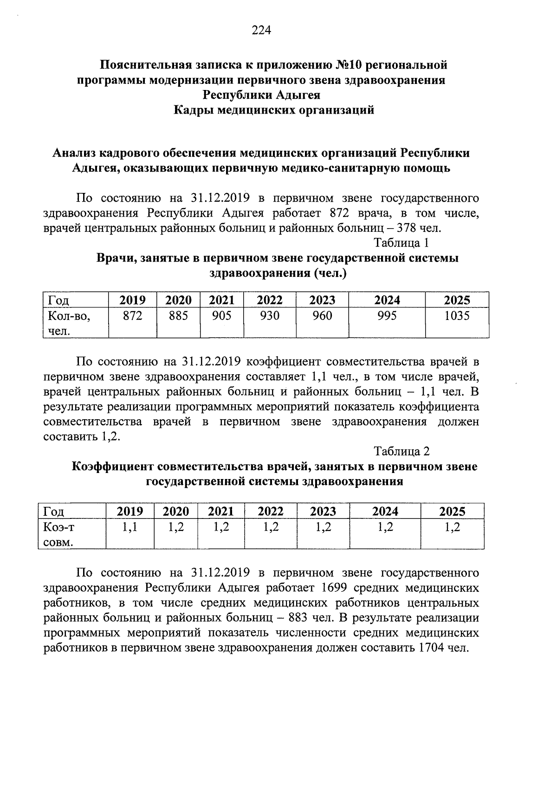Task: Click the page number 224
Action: pyautogui.click(x=261, y=31)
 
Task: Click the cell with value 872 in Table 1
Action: pyautogui.click(x=132, y=316)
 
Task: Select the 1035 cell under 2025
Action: pyautogui.click(x=457, y=316)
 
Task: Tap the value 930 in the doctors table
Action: pyautogui.click(x=270, y=316)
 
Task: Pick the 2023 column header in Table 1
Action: pyautogui.click(x=322, y=300)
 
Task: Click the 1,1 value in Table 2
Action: pyautogui.click(x=130, y=527)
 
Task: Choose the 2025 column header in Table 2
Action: pyautogui.click(x=452, y=511)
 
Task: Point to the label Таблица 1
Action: pyautogui.click(x=402, y=243)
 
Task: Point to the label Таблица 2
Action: pyautogui.click(x=402, y=451)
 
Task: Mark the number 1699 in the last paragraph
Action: pyautogui.click(x=334, y=588)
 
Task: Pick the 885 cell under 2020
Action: pyautogui.click(x=178, y=316)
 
